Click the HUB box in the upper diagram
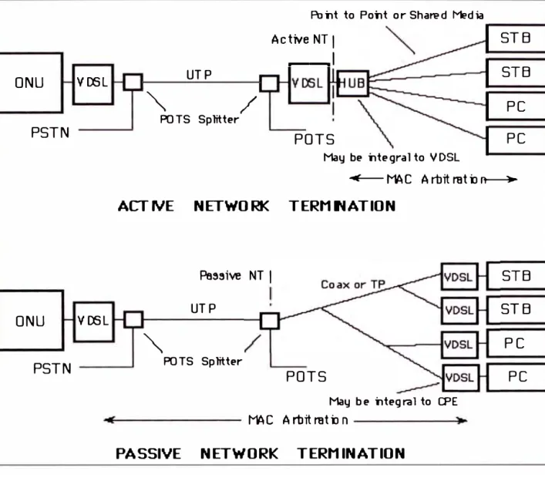click(x=353, y=83)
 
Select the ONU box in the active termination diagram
click(x=31, y=82)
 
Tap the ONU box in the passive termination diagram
click(x=31, y=320)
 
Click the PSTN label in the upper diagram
click(x=50, y=133)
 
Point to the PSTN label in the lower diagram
click(x=52, y=369)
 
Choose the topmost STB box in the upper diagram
click(x=516, y=39)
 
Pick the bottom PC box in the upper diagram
click(x=516, y=140)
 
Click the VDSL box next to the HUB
click(x=308, y=83)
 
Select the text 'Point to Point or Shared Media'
click(x=397, y=15)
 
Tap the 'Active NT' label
click(x=300, y=39)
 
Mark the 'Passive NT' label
click(x=231, y=276)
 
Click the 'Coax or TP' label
click(x=353, y=284)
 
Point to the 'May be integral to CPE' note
click(x=393, y=402)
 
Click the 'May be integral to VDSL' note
click(x=392, y=157)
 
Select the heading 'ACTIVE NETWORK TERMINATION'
click(x=257, y=206)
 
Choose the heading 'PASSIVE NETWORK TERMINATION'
click(x=261, y=453)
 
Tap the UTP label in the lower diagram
click(x=204, y=308)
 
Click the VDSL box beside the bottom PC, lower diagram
click(x=460, y=378)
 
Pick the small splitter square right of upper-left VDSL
click(x=133, y=82)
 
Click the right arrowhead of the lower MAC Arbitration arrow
click(x=463, y=421)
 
